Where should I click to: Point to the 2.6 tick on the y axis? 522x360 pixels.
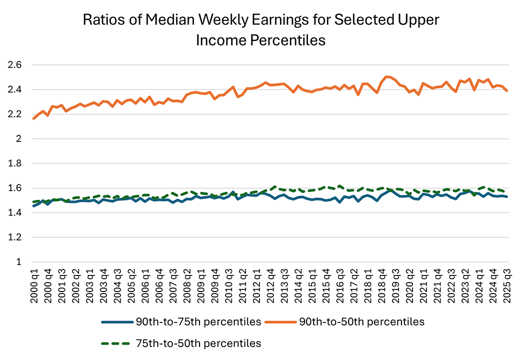click(14, 65)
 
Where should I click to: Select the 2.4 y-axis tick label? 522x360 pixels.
click(14, 89)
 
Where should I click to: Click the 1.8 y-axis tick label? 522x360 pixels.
click(14, 163)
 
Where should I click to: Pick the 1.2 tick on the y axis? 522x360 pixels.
click(14, 237)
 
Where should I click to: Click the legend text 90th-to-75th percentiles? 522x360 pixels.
click(198, 322)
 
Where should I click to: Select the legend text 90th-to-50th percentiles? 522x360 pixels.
click(362, 322)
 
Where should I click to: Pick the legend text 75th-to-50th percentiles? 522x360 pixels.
click(198, 343)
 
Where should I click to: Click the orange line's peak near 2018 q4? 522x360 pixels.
click(386, 76)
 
